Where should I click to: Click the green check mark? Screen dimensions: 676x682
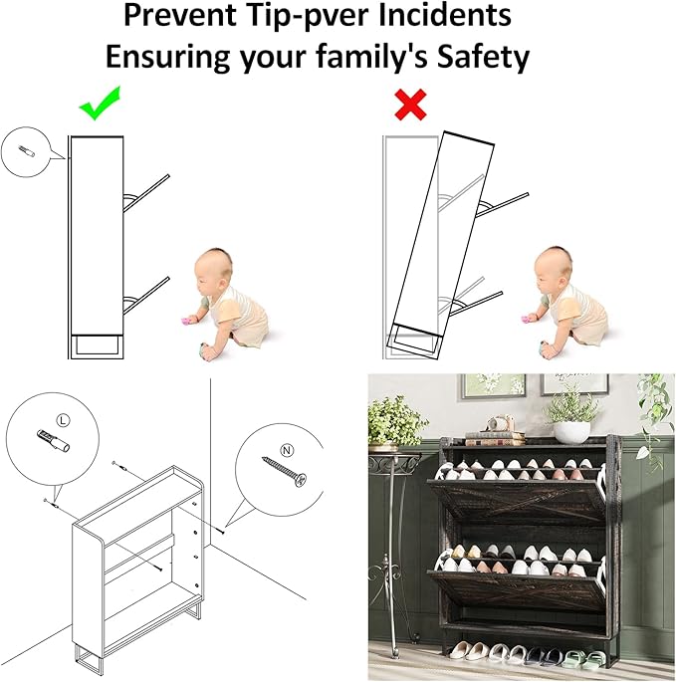coord(100,105)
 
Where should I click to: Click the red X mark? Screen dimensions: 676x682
coord(410,105)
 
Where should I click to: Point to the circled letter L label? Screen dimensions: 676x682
coord(63,420)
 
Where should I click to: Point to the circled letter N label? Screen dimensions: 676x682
coord(287,450)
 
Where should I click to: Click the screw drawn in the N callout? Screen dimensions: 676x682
coord(285,471)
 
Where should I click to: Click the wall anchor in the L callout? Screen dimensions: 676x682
coord(54,441)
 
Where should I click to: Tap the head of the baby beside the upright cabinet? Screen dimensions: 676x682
coord(212,271)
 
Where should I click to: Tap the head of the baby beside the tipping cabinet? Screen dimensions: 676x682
coord(552,270)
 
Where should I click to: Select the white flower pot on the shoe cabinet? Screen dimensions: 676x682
coord(571,431)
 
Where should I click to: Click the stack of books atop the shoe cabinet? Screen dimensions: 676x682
coord(495,438)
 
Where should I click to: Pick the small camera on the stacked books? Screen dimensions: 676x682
coord(500,422)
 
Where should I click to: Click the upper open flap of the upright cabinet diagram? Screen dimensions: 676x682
coord(146,193)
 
